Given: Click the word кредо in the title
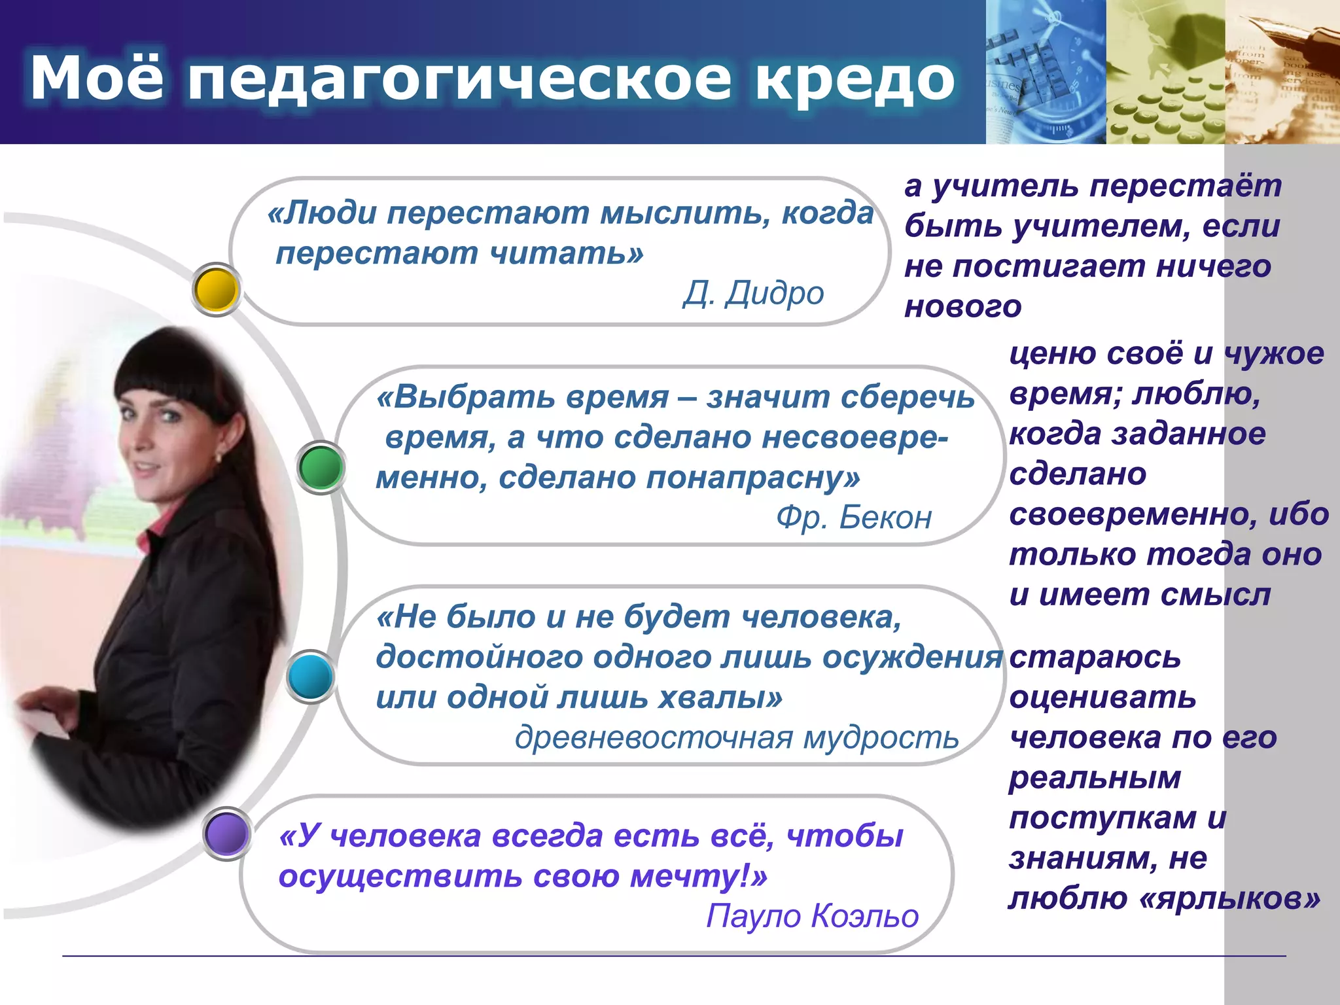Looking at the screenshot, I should (x=854, y=79).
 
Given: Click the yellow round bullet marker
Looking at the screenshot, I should (x=217, y=289).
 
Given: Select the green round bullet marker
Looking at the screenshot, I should (x=321, y=468).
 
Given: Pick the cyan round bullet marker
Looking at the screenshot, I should (x=310, y=677).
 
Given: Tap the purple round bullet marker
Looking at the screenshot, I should (x=227, y=834).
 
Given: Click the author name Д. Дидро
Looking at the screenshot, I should (x=753, y=293).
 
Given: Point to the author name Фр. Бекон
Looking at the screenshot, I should (x=854, y=518).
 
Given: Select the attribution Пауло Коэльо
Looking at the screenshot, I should (x=812, y=915).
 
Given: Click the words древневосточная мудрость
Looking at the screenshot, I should (x=737, y=737).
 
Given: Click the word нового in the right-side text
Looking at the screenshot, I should (x=962, y=306).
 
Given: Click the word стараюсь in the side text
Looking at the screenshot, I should (x=1095, y=657).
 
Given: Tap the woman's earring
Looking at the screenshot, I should (x=218, y=457).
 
